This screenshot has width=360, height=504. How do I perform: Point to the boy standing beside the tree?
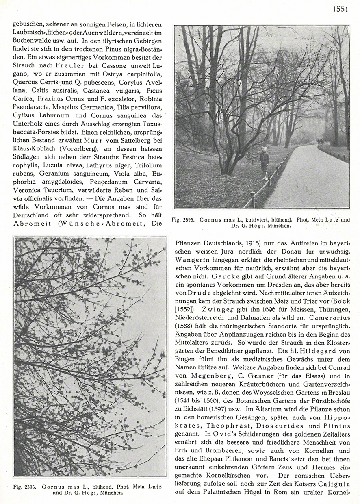(x=265, y=163)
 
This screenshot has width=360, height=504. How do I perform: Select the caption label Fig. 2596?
(x=23, y=487)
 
